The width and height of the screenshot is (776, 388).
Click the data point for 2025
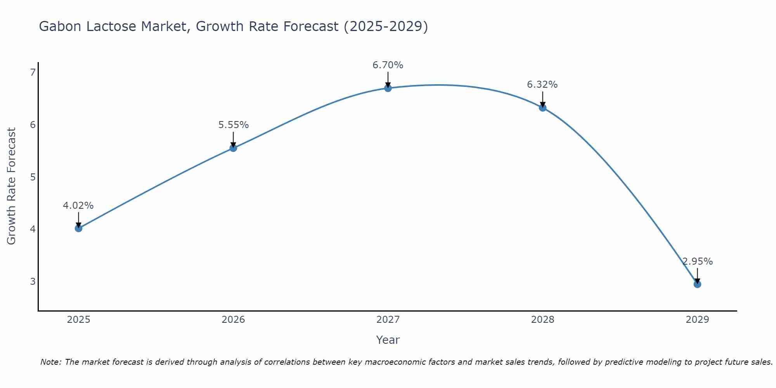pyautogui.click(x=78, y=228)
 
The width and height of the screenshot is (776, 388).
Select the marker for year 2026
pyautogui.click(x=233, y=148)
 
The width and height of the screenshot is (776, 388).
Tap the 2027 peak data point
pyautogui.click(x=388, y=88)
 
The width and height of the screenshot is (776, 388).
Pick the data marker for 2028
pyautogui.click(x=543, y=107)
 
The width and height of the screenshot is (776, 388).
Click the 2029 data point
pyautogui.click(x=697, y=284)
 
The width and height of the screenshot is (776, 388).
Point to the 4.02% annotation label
pyautogui.click(x=78, y=206)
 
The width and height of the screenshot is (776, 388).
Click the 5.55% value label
pyautogui.click(x=233, y=125)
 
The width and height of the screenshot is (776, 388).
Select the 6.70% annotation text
pyautogui.click(x=388, y=65)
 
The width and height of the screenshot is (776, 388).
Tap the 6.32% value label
pyautogui.click(x=542, y=85)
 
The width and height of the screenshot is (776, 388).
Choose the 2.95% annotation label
pyautogui.click(x=698, y=262)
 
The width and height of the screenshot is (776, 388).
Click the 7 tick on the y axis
pyautogui.click(x=33, y=73)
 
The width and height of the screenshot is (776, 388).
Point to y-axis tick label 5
pyautogui.click(x=33, y=177)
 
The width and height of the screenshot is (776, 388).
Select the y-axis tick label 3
pyautogui.click(x=33, y=281)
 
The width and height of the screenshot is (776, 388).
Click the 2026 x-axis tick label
pyautogui.click(x=233, y=320)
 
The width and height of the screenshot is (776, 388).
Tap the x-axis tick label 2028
pyautogui.click(x=543, y=320)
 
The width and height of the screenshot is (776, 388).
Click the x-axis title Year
pyautogui.click(x=388, y=340)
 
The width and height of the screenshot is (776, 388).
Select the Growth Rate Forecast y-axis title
pyautogui.click(x=12, y=186)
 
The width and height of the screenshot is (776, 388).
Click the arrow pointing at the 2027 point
pyautogui.click(x=388, y=80)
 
